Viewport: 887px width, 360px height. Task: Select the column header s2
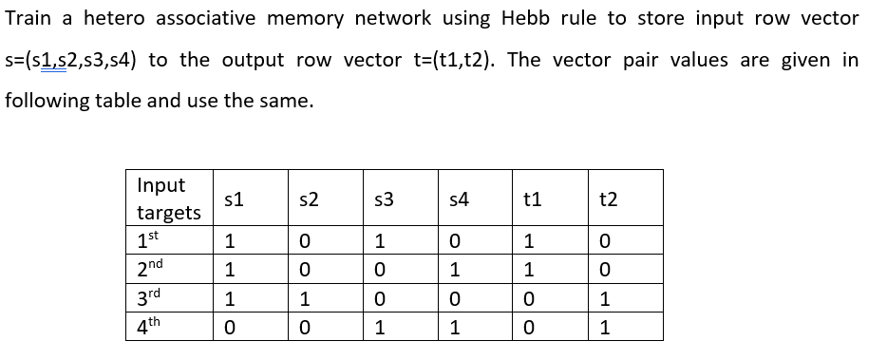point(308,199)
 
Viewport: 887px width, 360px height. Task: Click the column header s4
point(459,199)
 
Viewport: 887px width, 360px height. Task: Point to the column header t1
point(533,199)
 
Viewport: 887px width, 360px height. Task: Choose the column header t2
point(609,199)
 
